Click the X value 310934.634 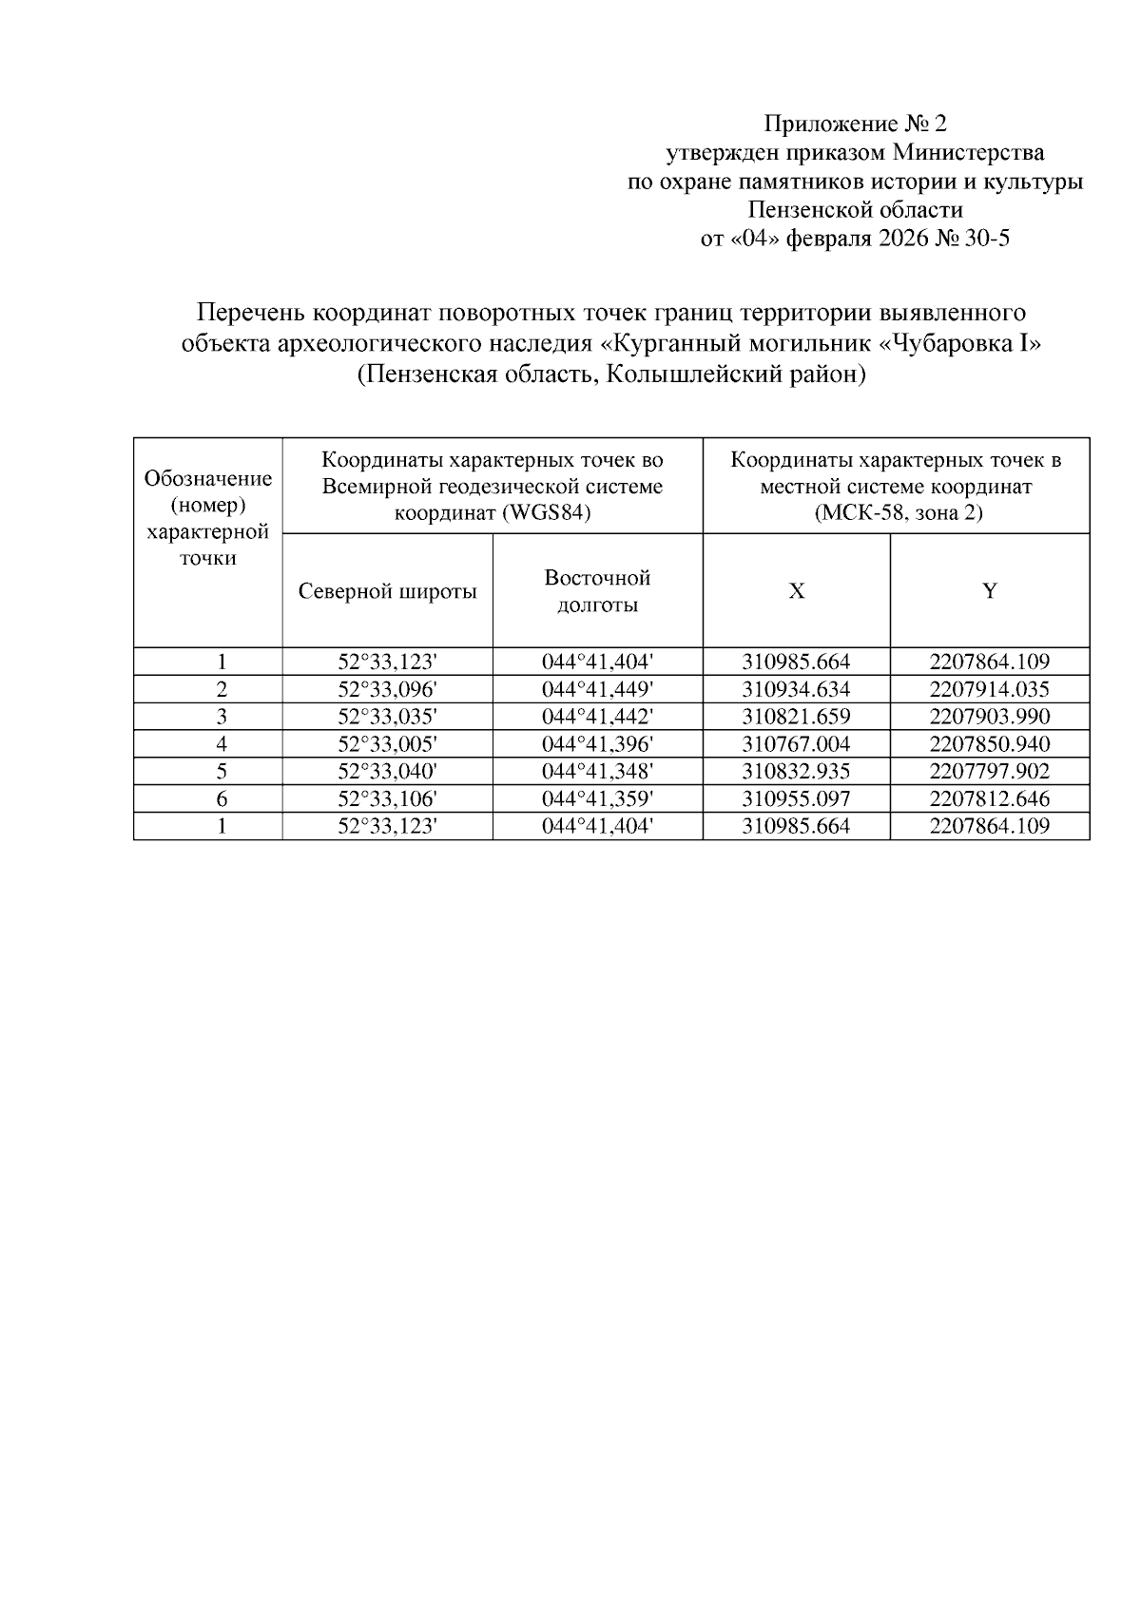pyautogui.click(x=796, y=689)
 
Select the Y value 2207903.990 pyautogui.click(x=990, y=717)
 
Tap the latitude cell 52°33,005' pyautogui.click(x=387, y=744)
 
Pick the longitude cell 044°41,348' pyautogui.click(x=597, y=772)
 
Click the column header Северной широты pyautogui.click(x=387, y=591)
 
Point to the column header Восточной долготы pyautogui.click(x=597, y=591)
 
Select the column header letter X pyautogui.click(x=796, y=591)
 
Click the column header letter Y pyautogui.click(x=990, y=591)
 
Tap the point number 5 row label pyautogui.click(x=222, y=772)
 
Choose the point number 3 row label pyautogui.click(x=222, y=717)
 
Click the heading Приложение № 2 pyautogui.click(x=856, y=125)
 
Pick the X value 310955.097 pyautogui.click(x=796, y=799)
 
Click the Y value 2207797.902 pyautogui.click(x=990, y=772)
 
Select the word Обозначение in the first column pyautogui.click(x=208, y=478)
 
